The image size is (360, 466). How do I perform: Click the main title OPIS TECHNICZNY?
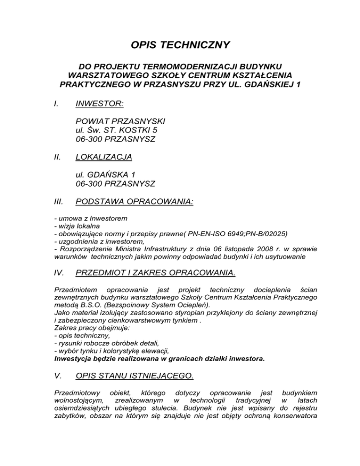(180, 45)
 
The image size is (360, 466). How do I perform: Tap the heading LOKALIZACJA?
(103, 157)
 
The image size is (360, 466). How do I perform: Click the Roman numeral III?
(59, 202)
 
